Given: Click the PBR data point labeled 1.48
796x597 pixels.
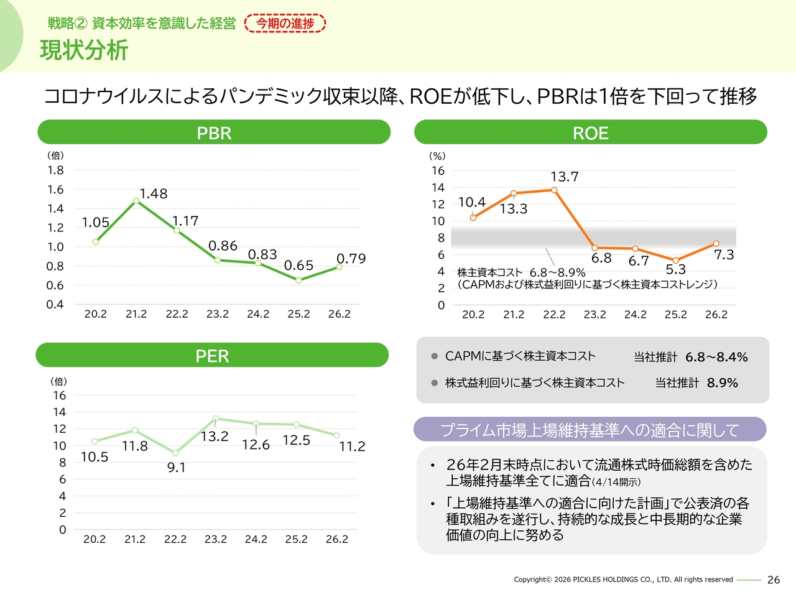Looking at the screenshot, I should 136,201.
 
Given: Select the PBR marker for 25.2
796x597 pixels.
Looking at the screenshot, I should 298,280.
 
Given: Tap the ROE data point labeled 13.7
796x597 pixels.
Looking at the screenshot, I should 554,190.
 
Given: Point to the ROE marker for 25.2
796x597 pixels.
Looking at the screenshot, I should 676,261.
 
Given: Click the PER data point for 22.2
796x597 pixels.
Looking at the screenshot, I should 175,453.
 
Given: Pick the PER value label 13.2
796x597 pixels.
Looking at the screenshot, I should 215,437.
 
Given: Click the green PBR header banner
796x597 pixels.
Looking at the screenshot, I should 214,132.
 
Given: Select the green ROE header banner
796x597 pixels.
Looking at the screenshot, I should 590,132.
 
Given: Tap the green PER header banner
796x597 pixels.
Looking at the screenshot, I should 212,355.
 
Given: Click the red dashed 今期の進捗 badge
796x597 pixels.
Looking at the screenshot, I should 285,24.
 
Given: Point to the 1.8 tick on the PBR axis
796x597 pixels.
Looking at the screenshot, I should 55,170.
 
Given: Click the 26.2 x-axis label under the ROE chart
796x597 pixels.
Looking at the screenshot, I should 716,315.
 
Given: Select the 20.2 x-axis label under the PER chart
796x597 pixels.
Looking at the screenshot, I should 95,539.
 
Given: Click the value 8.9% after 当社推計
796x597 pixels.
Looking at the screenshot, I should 722,383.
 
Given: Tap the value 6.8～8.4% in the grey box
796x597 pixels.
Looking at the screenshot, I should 716,357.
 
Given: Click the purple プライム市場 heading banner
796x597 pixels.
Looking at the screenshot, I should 590,430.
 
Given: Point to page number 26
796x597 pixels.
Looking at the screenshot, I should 774,580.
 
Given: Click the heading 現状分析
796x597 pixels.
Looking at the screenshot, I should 84,50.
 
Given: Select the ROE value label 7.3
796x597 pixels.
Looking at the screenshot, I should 724,255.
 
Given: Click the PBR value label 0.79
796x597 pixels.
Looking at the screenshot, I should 351,259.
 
